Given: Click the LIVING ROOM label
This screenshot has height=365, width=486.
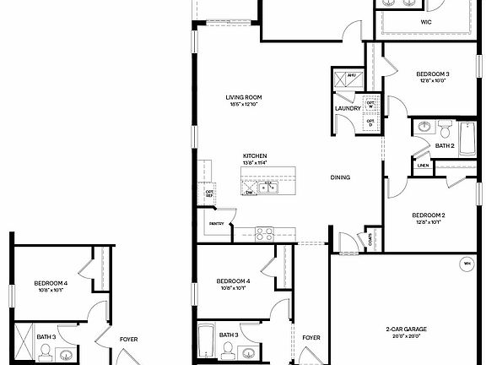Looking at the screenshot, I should click(x=242, y=97).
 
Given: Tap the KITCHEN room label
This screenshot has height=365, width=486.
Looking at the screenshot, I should click(x=256, y=156).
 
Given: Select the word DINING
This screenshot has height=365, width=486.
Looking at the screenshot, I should click(x=340, y=177).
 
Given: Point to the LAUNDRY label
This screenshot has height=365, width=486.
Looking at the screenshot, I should click(x=348, y=108).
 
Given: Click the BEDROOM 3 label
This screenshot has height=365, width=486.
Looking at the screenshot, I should click(x=432, y=74).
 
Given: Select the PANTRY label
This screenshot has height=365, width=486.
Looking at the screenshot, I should click(x=216, y=224).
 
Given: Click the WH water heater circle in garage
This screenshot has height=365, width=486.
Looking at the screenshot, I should click(x=466, y=264).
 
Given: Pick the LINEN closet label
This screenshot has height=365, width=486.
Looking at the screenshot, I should click(x=423, y=166).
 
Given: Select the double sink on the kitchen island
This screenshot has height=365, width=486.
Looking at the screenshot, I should click(x=268, y=186).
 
